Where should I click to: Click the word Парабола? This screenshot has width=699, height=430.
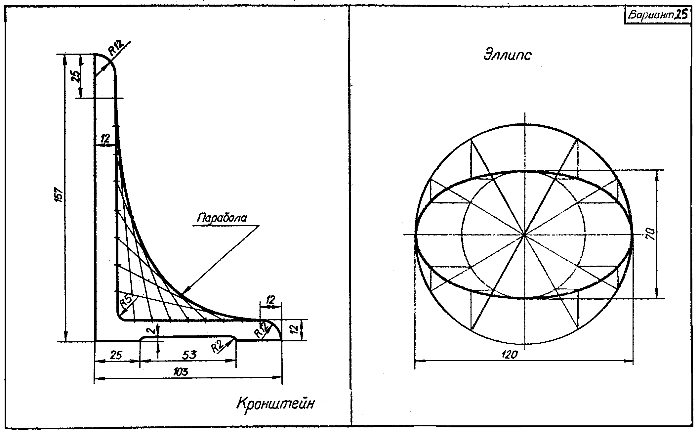[222, 218]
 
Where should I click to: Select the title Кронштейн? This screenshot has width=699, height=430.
[275, 404]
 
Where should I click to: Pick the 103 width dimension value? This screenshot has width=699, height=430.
[181, 372]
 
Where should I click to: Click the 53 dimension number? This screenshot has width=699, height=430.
[189, 355]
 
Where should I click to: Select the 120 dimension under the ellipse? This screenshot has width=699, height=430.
[510, 355]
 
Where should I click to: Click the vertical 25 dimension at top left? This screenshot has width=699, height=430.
[76, 76]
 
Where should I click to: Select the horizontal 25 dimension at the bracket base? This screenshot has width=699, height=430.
[115, 356]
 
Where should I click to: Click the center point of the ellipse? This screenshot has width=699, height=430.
[524, 235]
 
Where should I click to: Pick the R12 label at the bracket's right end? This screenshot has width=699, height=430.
[261, 329]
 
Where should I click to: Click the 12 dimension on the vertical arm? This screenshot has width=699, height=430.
[105, 139]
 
